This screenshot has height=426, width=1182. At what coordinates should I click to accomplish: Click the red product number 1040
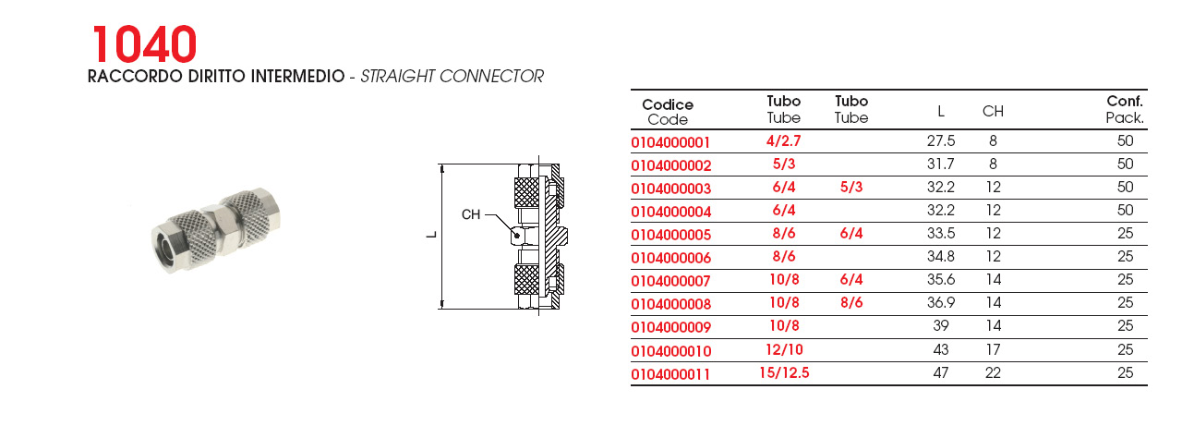(x=145, y=44)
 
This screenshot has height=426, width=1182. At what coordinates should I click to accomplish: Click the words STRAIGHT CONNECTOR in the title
(x=452, y=77)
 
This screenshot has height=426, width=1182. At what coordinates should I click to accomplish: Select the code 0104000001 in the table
(x=670, y=142)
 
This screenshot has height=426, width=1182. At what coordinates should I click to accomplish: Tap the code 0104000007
(x=670, y=281)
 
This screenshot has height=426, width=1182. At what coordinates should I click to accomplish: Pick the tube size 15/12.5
(x=784, y=373)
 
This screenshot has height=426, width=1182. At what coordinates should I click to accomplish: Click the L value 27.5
(x=941, y=141)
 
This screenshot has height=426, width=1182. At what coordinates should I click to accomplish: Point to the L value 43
(x=941, y=349)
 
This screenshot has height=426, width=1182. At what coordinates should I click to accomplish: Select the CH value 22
(x=993, y=372)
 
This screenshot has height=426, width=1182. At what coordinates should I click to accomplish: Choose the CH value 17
(x=993, y=349)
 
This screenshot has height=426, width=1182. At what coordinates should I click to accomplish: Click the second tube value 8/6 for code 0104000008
(x=851, y=302)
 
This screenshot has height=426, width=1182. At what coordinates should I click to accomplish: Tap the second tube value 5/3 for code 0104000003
(x=851, y=187)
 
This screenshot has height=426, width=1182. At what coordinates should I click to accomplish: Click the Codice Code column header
(x=668, y=112)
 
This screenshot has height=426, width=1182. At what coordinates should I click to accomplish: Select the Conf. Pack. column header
(x=1125, y=109)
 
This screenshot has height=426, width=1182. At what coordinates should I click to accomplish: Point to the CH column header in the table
(x=993, y=112)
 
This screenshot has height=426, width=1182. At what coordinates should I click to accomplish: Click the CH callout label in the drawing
(x=471, y=214)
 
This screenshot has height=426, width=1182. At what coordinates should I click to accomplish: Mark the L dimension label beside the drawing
(x=431, y=235)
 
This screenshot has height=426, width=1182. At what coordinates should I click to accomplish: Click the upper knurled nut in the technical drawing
(x=526, y=192)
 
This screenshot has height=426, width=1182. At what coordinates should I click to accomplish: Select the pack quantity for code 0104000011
(x=1125, y=372)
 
